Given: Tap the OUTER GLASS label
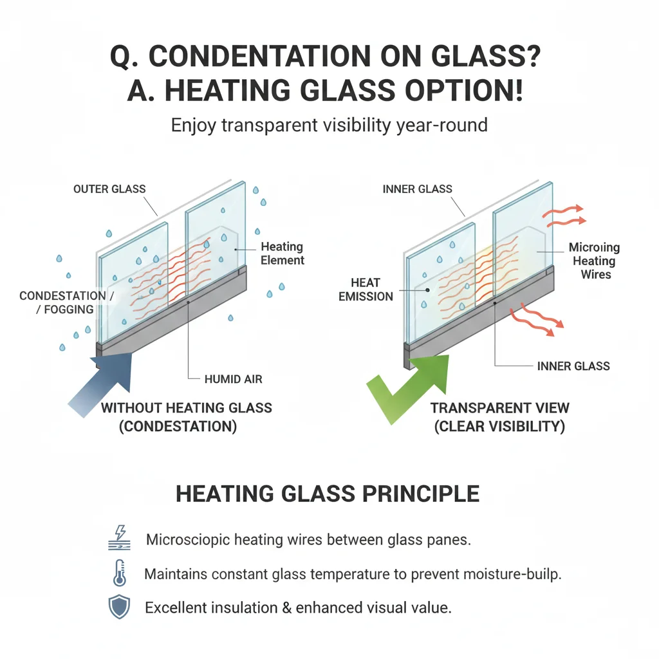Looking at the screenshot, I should [109, 189].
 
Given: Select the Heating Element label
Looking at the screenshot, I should [283, 254].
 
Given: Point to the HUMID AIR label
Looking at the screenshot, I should [232, 380].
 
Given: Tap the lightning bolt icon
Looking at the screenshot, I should [120, 537].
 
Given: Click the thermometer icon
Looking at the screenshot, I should [120, 573].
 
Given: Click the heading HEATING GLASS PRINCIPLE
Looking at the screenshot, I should [328, 494].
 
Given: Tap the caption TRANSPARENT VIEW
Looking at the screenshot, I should [500, 408].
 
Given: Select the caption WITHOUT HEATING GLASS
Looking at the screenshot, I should [187, 408].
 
